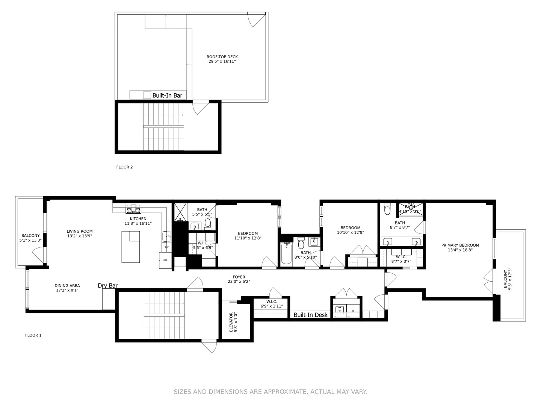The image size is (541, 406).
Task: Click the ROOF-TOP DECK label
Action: pyautogui.click(x=222, y=57)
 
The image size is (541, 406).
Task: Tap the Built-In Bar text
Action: pyautogui.click(x=167, y=95)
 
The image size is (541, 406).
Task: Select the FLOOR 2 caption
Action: pyautogui.click(x=124, y=167)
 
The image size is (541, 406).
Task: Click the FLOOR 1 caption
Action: pyautogui.click(x=33, y=335)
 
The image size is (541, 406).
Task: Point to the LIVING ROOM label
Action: pyautogui.click(x=80, y=232)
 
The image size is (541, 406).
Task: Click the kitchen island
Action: pyautogui.click(x=130, y=247)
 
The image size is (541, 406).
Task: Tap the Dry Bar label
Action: pyautogui.click(x=108, y=286)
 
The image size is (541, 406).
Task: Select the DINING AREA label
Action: pyautogui.click(x=67, y=286)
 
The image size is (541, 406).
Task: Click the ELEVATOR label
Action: pyautogui.click(x=231, y=322)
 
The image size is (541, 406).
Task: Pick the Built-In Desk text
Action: pyautogui.click(x=310, y=315)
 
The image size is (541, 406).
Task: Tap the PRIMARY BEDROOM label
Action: pyautogui.click(x=460, y=245)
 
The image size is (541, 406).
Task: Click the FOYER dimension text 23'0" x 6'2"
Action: pyautogui.click(x=239, y=282)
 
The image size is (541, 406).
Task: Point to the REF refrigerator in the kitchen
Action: pyautogui.click(x=165, y=260)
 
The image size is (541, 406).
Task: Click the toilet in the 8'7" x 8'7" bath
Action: pyautogui.click(x=388, y=209)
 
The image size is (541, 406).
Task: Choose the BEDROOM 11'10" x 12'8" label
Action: pyautogui.click(x=248, y=233)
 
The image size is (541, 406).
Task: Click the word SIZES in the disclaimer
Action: pyautogui.click(x=182, y=392)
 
